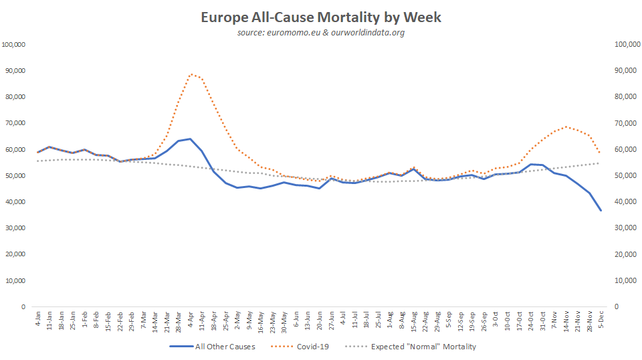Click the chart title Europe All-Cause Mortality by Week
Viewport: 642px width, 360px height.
coord(321,17)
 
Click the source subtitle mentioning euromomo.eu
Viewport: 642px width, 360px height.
coord(321,32)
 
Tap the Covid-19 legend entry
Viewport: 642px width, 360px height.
coord(300,347)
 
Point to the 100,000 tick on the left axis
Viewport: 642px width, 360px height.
coord(14,45)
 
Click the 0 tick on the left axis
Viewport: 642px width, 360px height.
coord(23,307)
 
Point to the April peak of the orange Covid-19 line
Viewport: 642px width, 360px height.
coord(191,74)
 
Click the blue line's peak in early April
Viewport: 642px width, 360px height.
coord(191,139)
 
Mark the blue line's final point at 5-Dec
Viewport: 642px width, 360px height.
coord(601,211)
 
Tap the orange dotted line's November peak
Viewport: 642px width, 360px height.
coord(566,126)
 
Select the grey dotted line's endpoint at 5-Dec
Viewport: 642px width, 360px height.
coord(601,163)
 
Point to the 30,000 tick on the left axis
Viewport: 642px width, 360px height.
coord(14,228)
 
